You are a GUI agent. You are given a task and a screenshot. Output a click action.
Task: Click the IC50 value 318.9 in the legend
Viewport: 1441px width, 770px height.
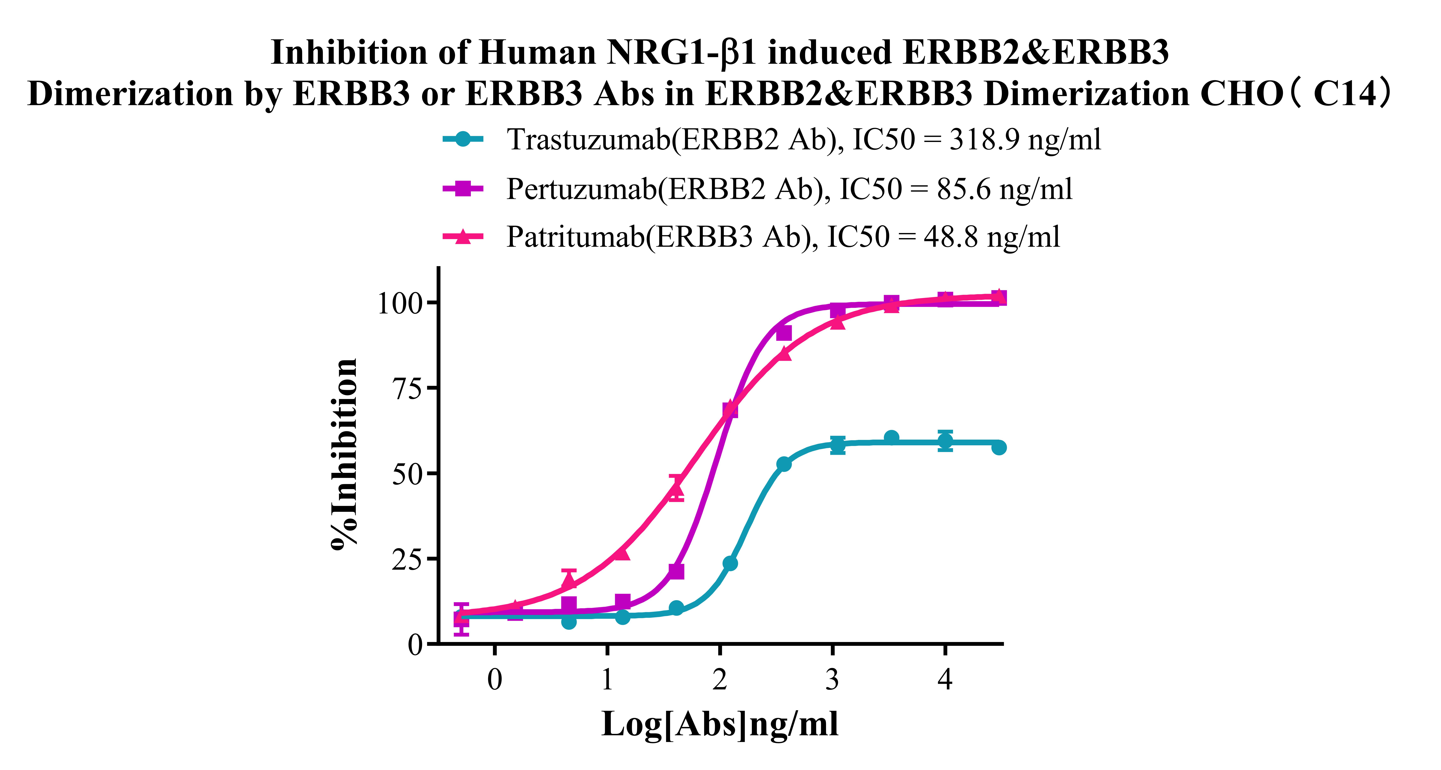(x=984, y=139)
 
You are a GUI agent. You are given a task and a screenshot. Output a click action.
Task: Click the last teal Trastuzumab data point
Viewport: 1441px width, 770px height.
(x=998, y=447)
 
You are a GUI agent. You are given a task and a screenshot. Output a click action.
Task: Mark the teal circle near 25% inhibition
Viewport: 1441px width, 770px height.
(x=730, y=563)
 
